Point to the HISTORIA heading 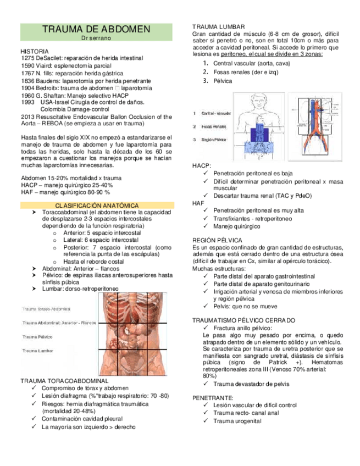coord(34,51)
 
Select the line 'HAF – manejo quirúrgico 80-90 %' coord(65,193)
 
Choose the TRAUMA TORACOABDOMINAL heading coord(64,380)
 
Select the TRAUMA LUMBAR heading coord(219,27)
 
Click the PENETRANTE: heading coord(213,397)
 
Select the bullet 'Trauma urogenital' coord(237,421)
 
